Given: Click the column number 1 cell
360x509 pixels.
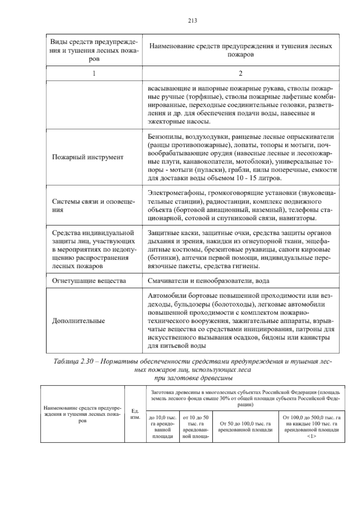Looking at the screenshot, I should point(94,73).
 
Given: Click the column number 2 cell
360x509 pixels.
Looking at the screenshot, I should point(240,73).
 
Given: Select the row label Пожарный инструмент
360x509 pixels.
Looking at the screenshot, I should point(88,157).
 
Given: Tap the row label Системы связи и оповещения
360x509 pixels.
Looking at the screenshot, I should point(94,206).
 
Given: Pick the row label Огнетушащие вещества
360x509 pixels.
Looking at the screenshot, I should point(89,281).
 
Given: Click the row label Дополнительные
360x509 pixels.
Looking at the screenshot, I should point(79,321).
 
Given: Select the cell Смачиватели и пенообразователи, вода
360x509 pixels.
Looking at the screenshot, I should point(208,281).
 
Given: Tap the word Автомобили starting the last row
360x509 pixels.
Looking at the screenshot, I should point(165,296).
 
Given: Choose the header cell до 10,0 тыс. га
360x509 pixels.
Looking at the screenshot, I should point(163,426).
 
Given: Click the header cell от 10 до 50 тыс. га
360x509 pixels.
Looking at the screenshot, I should point(196,426).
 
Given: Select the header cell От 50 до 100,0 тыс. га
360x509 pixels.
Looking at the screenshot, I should point(245,427).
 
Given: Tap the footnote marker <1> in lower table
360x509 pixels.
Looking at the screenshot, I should point(311,436).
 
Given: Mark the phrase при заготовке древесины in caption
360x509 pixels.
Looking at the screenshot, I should point(193,378).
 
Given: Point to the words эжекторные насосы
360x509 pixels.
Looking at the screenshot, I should point(179,122).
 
